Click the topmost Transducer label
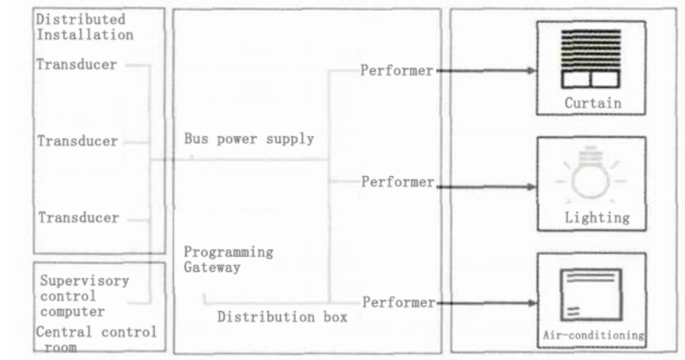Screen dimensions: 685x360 coord(77,64)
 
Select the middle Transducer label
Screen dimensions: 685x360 coord(77,141)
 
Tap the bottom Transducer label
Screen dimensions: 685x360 coord(79,218)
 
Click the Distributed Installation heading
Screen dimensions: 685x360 coord(85,27)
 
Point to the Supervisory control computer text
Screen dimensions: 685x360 coord(85,296)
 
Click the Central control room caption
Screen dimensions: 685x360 coord(96,339)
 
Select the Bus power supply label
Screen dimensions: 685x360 coord(249,139)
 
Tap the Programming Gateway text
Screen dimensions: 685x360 coord(228,260)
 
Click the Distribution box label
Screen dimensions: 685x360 coord(282,317)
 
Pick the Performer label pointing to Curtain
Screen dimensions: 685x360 coord(397,70)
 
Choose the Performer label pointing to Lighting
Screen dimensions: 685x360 coord(398,182)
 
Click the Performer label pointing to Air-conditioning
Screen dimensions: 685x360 coord(399,303)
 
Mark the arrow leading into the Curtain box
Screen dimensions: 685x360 coord(487,70)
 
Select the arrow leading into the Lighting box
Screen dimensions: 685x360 coord(487,187)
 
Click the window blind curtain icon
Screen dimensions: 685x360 coord(591,59)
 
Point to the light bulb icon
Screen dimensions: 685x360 coord(591,175)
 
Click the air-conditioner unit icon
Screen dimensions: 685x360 coord(591,295)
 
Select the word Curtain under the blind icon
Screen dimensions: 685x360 coord(593,103)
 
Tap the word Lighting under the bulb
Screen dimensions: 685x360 coord(597,218)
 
